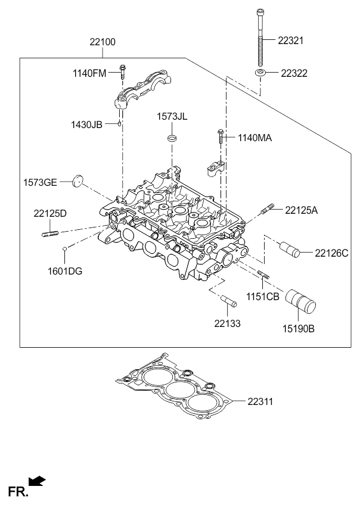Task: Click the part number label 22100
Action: pos(103,42)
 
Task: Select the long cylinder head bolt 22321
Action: pos(260,38)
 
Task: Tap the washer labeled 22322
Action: pos(260,73)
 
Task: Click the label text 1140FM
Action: pos(89,73)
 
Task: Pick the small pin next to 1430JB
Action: pos(120,123)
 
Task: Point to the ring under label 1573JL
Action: pos(172,139)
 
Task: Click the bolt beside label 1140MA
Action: pos(221,137)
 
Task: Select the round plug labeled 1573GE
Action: pos(77,180)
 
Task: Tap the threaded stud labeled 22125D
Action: pos(50,233)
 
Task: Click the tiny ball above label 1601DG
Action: pos(64,248)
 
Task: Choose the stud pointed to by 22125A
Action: pos(267,208)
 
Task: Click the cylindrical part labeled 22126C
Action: pos(290,250)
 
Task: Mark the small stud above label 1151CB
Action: pos(263,274)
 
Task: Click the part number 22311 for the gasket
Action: pos(260,401)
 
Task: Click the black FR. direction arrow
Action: pos(37,481)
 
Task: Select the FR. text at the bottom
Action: pos(18,492)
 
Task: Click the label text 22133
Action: pos(227,323)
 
